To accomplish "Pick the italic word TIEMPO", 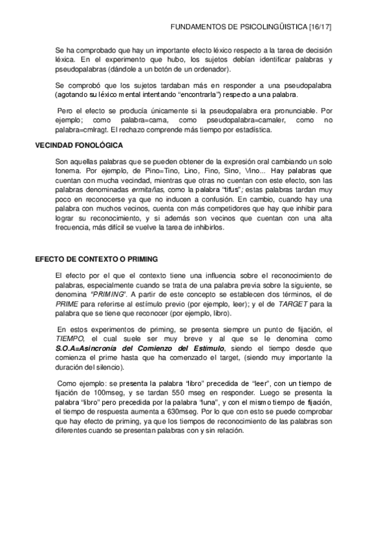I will click(x=70, y=339).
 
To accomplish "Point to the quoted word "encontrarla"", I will click(x=204, y=94).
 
